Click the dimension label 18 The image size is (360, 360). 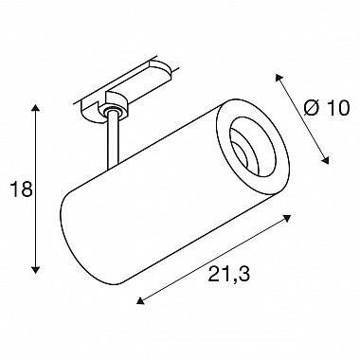pyautogui.click(x=22, y=189)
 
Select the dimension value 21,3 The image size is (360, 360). pyautogui.click(x=229, y=274)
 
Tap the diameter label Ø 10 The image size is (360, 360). pyautogui.click(x=327, y=108)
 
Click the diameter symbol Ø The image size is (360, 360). pyautogui.click(x=311, y=108)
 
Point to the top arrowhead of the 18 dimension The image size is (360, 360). pyautogui.click(x=35, y=107)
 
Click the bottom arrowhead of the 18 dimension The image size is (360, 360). pyautogui.click(x=35, y=269)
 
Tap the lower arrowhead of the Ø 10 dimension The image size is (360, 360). pyautogui.click(x=326, y=160)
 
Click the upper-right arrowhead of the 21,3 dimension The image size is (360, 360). pyautogui.click(x=287, y=218)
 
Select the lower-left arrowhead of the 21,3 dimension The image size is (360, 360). pyautogui.click(x=140, y=301)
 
